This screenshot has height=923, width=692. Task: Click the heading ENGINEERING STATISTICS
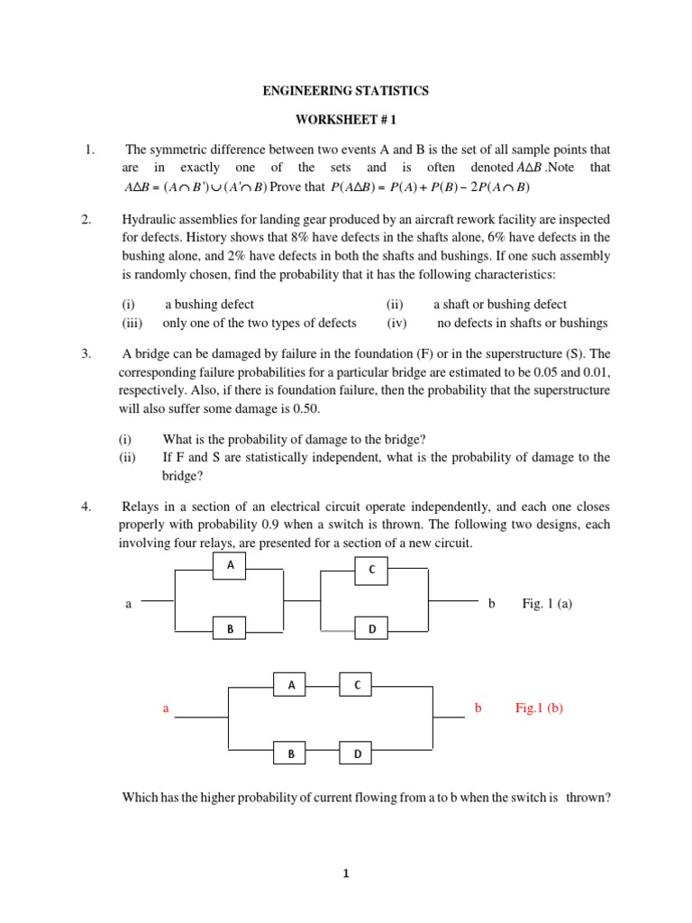tap(346, 91)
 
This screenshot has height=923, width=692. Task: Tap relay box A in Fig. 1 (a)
tap(230, 565)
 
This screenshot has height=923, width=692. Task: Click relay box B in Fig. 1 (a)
tap(230, 628)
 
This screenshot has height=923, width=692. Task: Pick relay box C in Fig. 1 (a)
tap(371, 570)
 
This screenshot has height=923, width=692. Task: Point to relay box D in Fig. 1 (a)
tap(371, 628)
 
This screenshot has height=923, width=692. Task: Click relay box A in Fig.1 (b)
tap(291, 686)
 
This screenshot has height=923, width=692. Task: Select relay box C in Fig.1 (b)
tap(357, 686)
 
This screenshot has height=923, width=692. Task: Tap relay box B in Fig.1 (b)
tap(291, 754)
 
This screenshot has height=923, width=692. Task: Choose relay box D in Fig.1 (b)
tap(357, 754)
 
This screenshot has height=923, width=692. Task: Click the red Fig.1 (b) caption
tap(539, 708)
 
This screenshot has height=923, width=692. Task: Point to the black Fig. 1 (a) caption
tap(547, 604)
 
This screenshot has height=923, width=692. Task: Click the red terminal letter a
tap(166, 708)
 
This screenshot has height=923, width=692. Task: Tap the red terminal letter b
tap(478, 708)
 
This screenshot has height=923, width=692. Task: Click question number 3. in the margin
tap(86, 354)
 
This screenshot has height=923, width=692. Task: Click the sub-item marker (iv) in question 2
tap(397, 323)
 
